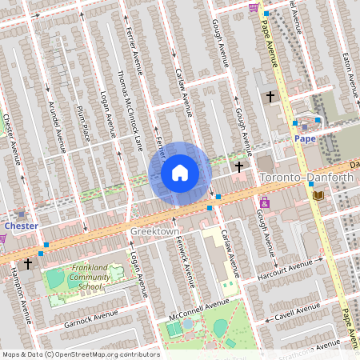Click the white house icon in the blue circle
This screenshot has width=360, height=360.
pyautogui.click(x=180, y=173)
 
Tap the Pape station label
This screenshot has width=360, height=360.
pyautogui.click(x=305, y=138)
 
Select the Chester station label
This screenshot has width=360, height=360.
pyautogui.click(x=22, y=226)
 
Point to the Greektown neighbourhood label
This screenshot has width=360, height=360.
pyautogui.click(x=155, y=231)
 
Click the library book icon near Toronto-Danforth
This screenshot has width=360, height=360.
pyautogui.click(x=318, y=195)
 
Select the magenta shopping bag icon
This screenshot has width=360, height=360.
pyautogui.click(x=264, y=202)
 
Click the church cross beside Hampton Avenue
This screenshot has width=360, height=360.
pyautogui.click(x=28, y=262)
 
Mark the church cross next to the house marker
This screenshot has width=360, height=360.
pyautogui.click(x=238, y=166)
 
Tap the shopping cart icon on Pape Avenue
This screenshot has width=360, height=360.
pyautogui.click(x=254, y=8)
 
